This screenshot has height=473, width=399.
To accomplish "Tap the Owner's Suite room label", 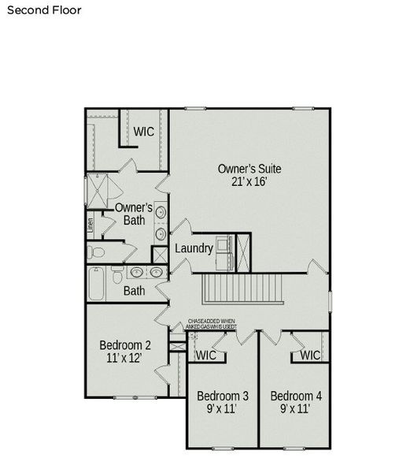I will point(249,169).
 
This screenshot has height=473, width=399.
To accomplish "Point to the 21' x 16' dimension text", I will point(249,182).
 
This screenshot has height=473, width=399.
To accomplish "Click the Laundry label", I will point(194,248).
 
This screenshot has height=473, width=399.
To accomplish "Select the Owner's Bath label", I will point(134,214).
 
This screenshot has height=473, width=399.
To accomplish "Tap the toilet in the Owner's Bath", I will point(96,252).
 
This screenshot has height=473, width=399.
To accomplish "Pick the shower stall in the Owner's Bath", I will point(102,187).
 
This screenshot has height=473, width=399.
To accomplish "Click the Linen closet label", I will point(91,224).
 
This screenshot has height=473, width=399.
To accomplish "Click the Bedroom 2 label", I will point(125,345).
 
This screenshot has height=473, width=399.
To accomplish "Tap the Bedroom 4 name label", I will point(295,395).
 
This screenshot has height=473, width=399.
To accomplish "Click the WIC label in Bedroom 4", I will point(310,356).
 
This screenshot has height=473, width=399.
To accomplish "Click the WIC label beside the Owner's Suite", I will point(143,132).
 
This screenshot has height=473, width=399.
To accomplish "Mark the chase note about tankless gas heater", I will point(211,324).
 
